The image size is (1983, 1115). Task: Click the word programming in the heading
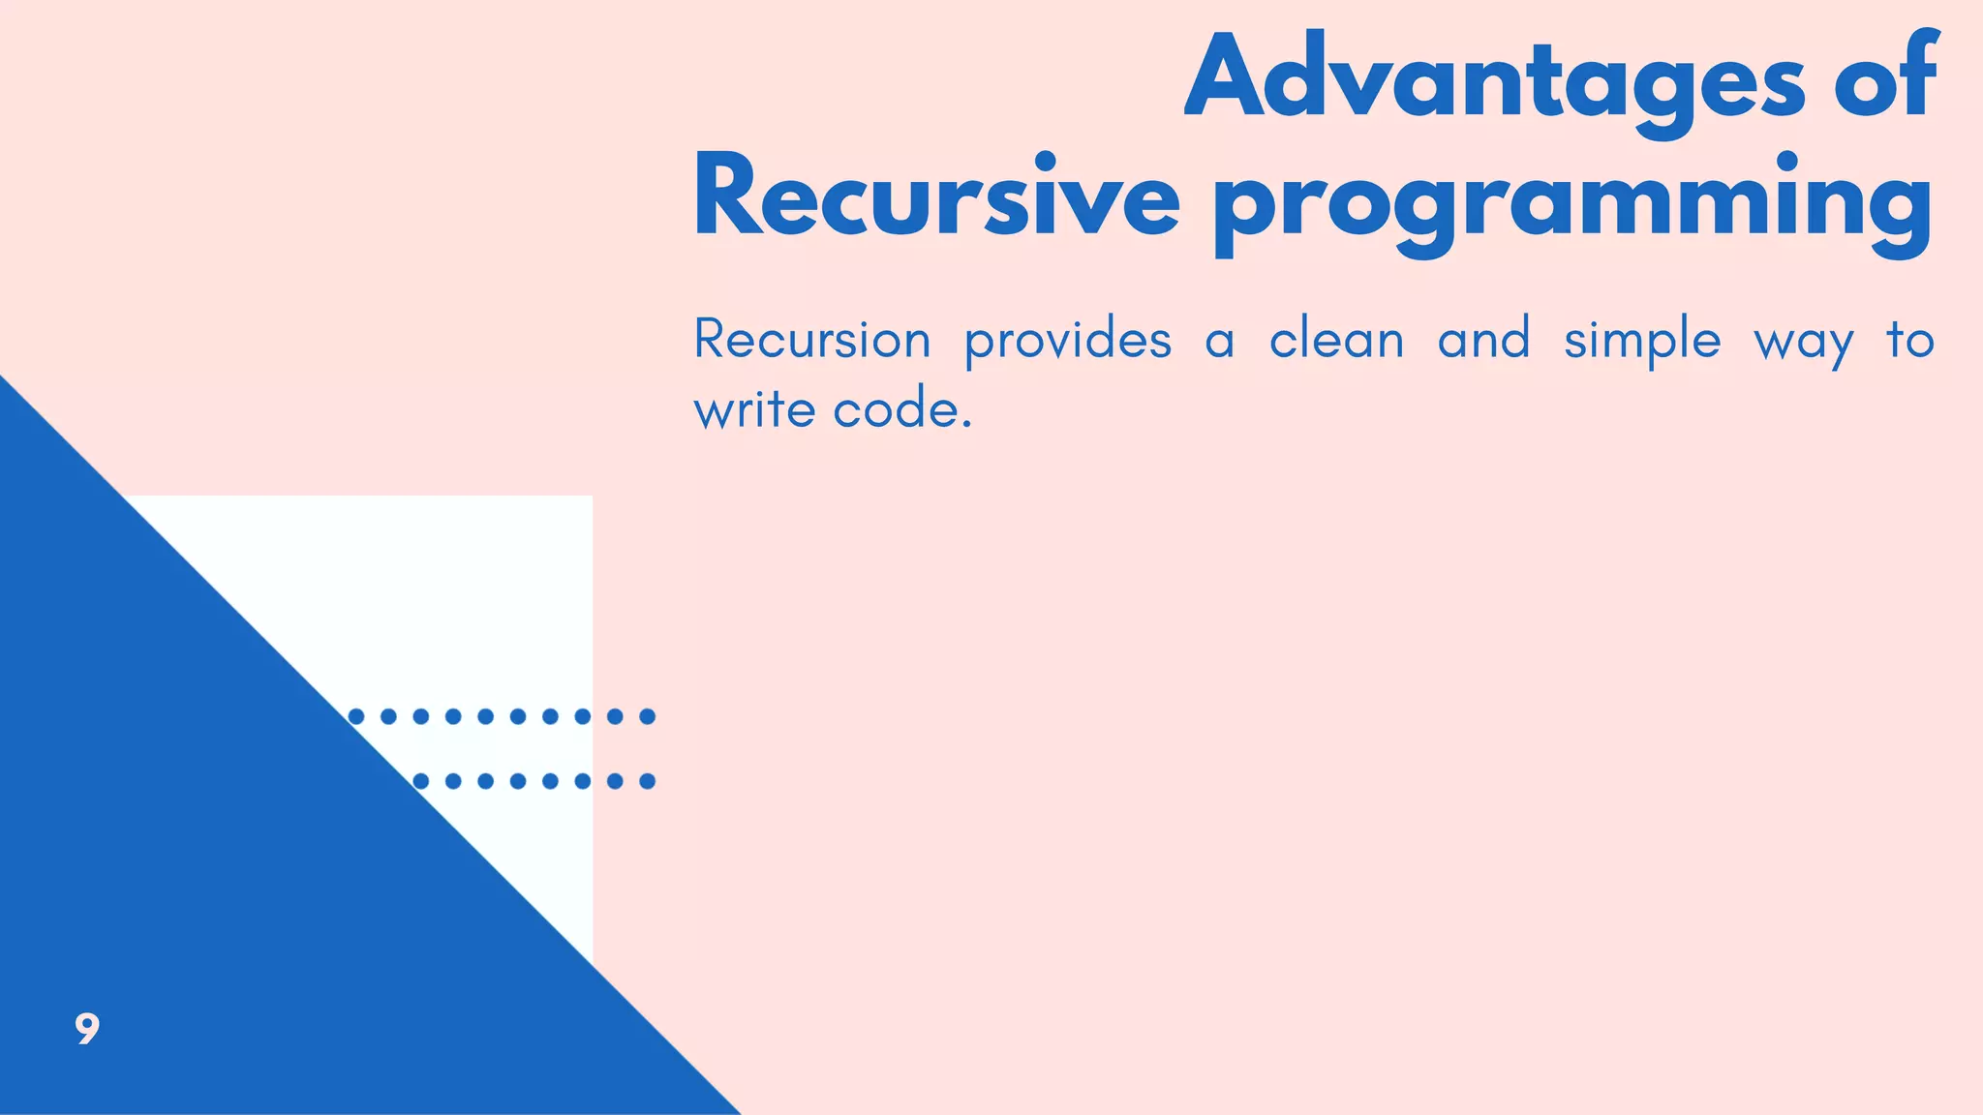point(1572,203)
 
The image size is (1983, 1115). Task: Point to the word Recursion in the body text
point(812,341)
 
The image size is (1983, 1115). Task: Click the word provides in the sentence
point(1068,341)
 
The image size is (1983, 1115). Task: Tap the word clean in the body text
point(1336,341)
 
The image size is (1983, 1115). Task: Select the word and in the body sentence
point(1483,341)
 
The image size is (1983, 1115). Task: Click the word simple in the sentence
point(1642,341)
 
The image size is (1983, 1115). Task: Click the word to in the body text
point(1909,341)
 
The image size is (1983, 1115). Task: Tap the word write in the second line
point(754,409)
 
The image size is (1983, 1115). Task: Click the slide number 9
point(87,1028)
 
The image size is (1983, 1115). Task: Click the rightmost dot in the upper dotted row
point(648,716)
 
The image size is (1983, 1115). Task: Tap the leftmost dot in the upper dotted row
point(356,716)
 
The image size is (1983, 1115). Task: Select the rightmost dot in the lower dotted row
point(648,781)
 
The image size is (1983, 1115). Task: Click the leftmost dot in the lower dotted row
point(421,781)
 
